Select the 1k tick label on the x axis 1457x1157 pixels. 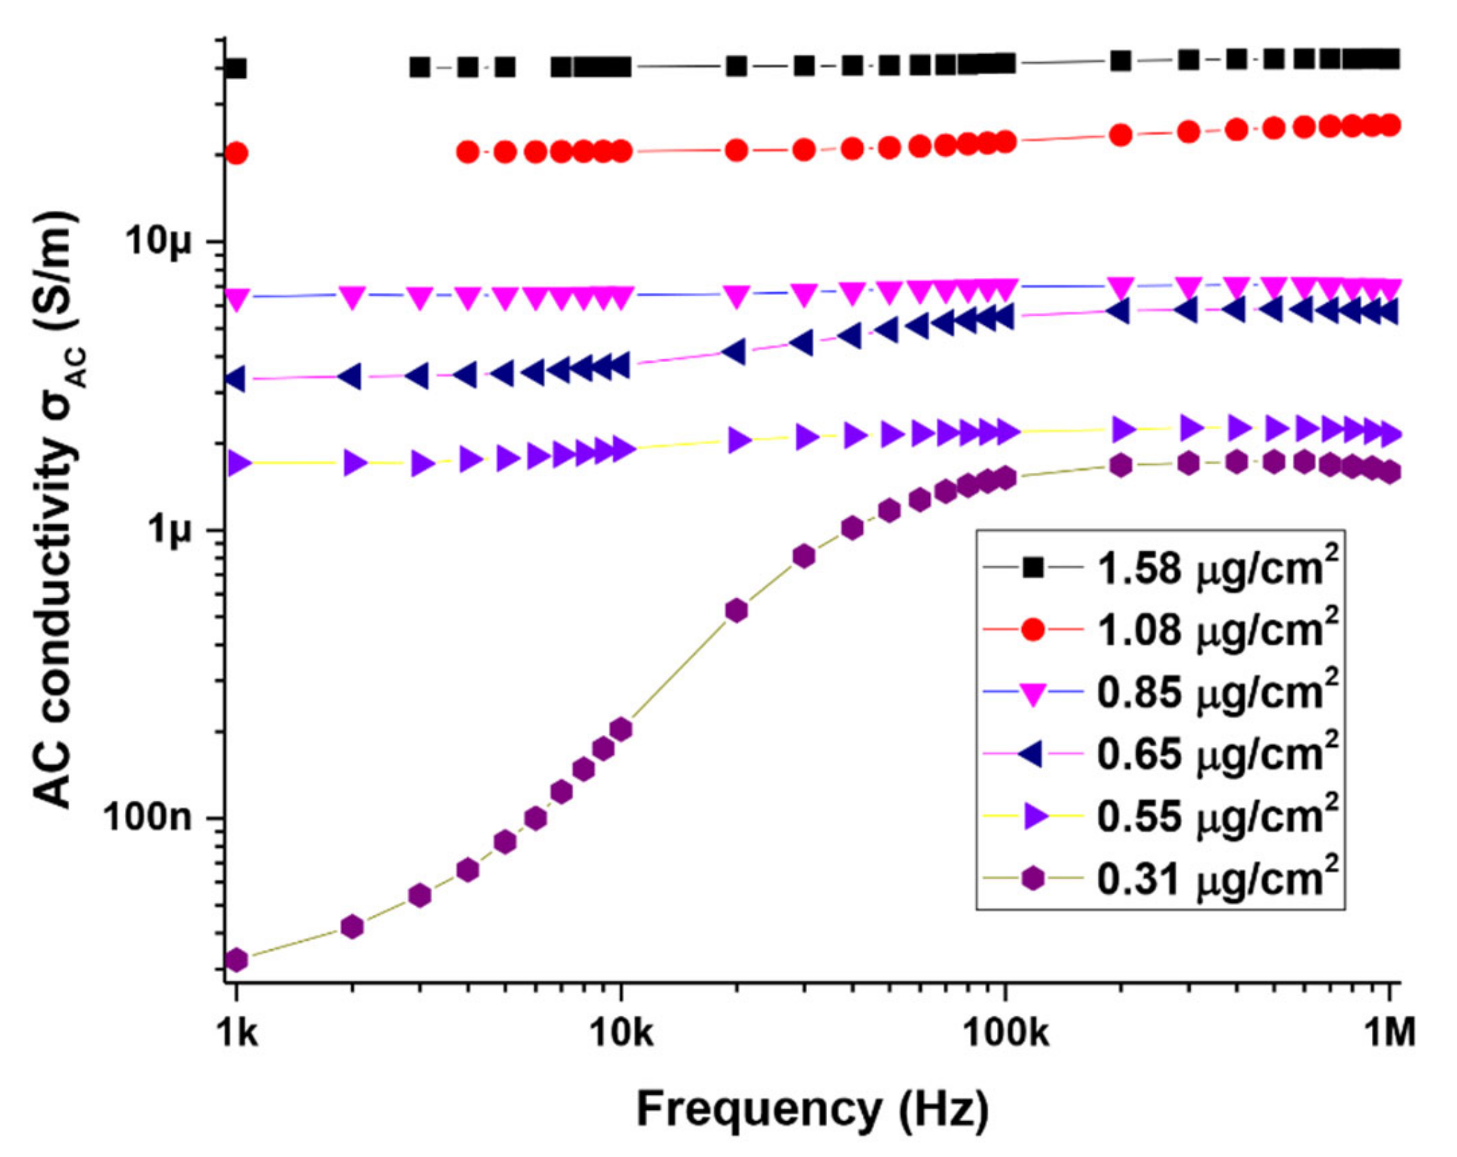(x=236, y=1032)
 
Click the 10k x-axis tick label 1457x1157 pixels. (x=621, y=1032)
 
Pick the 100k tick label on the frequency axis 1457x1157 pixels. (x=1006, y=1032)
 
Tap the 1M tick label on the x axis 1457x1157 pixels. (x=1389, y=1032)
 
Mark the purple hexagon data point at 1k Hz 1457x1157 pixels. (x=236, y=960)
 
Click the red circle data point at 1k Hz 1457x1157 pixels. (x=236, y=153)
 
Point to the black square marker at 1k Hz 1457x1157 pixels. (x=236, y=69)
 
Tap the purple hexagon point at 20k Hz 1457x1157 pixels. (x=736, y=611)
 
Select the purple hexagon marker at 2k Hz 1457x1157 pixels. (x=352, y=927)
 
